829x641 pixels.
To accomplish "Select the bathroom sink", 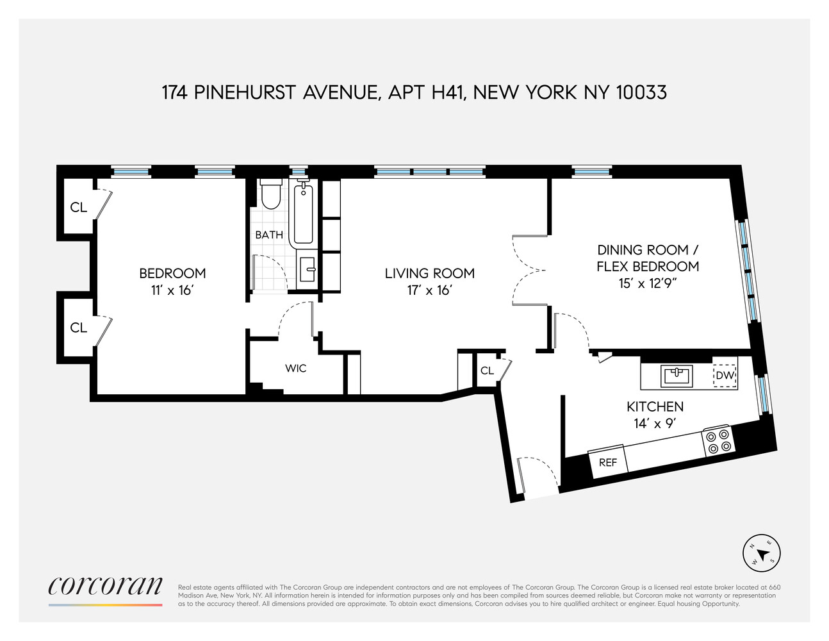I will pyautogui.click(x=308, y=270).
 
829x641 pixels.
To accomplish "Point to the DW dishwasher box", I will pyautogui.click(x=725, y=376).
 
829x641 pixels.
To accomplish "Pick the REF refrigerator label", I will pyautogui.click(x=607, y=462).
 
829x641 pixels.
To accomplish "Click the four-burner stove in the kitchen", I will pyautogui.click(x=718, y=442).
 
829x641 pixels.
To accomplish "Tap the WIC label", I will pyautogui.click(x=295, y=369).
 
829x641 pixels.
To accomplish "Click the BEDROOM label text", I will pyautogui.click(x=172, y=274).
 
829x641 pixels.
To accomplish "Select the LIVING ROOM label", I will pyautogui.click(x=429, y=274).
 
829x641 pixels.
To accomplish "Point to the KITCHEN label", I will pyautogui.click(x=655, y=406).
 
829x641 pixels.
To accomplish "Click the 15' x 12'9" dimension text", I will pyautogui.click(x=648, y=283).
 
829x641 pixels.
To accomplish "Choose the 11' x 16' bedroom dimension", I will pyautogui.click(x=172, y=290).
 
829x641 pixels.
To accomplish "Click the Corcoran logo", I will pyautogui.click(x=106, y=587).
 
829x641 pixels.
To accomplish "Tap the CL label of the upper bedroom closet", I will pyautogui.click(x=78, y=207).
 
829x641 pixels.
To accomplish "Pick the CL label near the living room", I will pyautogui.click(x=487, y=370).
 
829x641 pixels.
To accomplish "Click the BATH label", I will pyautogui.click(x=269, y=235).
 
